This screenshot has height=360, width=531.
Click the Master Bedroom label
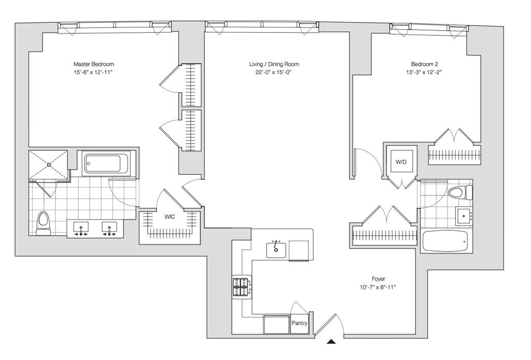93,64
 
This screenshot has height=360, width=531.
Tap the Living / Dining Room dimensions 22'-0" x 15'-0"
274,72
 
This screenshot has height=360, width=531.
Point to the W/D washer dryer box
401,162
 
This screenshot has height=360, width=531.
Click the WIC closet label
170,217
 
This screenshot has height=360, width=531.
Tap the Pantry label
299,323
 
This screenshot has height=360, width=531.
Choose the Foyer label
378,279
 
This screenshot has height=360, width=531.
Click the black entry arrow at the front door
331,341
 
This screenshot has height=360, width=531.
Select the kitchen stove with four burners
242,287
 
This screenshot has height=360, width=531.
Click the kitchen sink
276,250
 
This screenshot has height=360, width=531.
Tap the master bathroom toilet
43,224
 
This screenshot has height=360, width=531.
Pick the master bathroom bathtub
106,163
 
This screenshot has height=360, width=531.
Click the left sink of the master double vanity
81,228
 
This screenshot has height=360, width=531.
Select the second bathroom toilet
460,192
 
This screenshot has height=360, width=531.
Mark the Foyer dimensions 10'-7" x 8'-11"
378,287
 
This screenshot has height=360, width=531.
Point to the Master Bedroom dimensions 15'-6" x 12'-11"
93,72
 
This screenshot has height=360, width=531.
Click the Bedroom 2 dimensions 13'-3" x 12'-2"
427,72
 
